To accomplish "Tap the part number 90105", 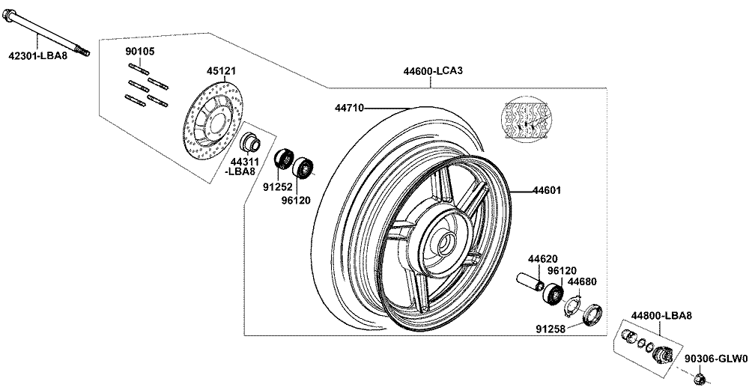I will pyautogui.click(x=140, y=51).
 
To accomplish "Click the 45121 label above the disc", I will pyautogui.click(x=222, y=72).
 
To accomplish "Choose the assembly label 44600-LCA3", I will pyautogui.click(x=433, y=72).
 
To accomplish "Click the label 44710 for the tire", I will pyautogui.click(x=349, y=108).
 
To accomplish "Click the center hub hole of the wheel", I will pyautogui.click(x=443, y=242).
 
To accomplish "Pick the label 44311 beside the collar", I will pyautogui.click(x=243, y=162).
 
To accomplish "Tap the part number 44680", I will pyautogui.click(x=582, y=281).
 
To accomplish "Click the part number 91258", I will pyautogui.click(x=551, y=327).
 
